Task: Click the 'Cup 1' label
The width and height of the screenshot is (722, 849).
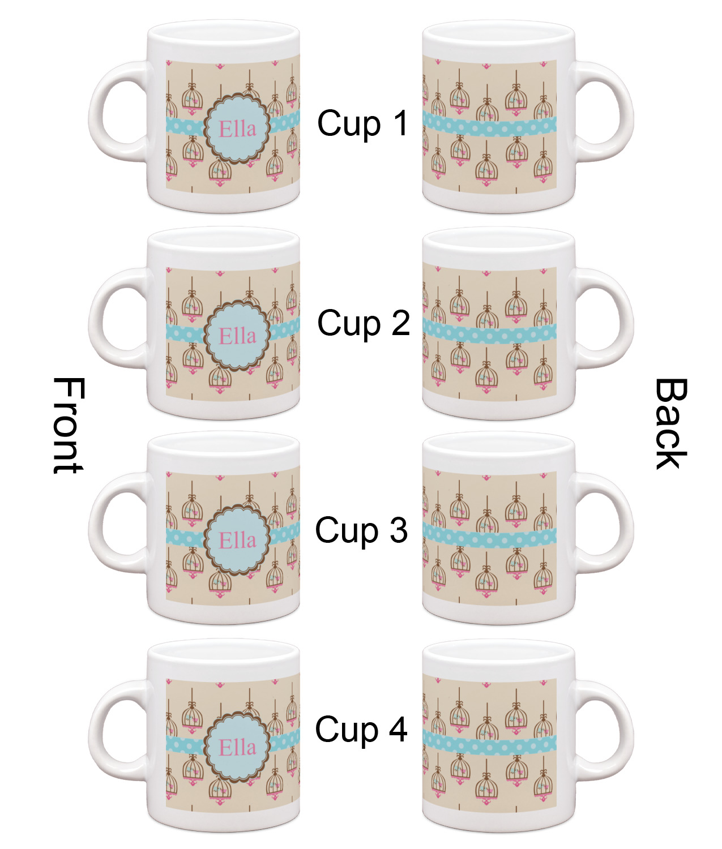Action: click(x=363, y=123)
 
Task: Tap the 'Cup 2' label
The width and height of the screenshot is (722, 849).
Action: click(x=364, y=323)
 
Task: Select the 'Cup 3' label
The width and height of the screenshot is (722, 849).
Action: click(x=361, y=530)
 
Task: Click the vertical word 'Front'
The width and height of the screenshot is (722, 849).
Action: click(x=69, y=425)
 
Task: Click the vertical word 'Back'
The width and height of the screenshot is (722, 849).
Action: click(x=670, y=423)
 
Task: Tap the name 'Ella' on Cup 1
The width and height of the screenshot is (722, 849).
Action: click(x=237, y=129)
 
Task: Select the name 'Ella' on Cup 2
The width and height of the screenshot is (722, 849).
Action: click(x=237, y=336)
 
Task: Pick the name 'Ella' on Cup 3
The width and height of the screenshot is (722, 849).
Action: click(x=237, y=540)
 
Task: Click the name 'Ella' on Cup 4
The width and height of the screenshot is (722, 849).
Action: click(x=237, y=747)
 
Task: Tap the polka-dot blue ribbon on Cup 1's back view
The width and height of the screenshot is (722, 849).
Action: click(x=489, y=124)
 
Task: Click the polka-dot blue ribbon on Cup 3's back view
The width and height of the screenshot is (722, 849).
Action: click(x=489, y=535)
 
